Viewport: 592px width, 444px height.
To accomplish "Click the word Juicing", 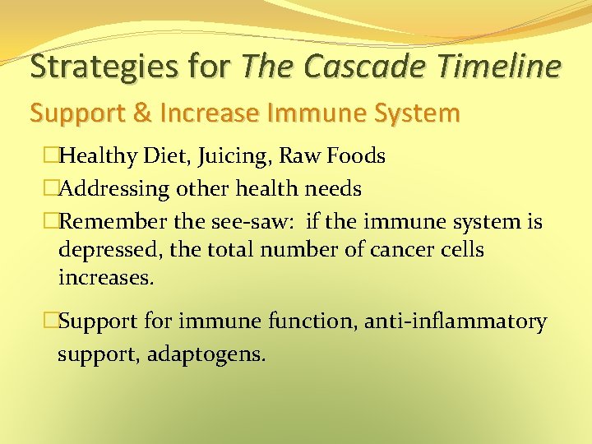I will [220, 155].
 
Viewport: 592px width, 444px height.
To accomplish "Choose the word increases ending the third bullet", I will [105, 278].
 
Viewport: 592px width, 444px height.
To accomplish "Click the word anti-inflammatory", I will [465, 322].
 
